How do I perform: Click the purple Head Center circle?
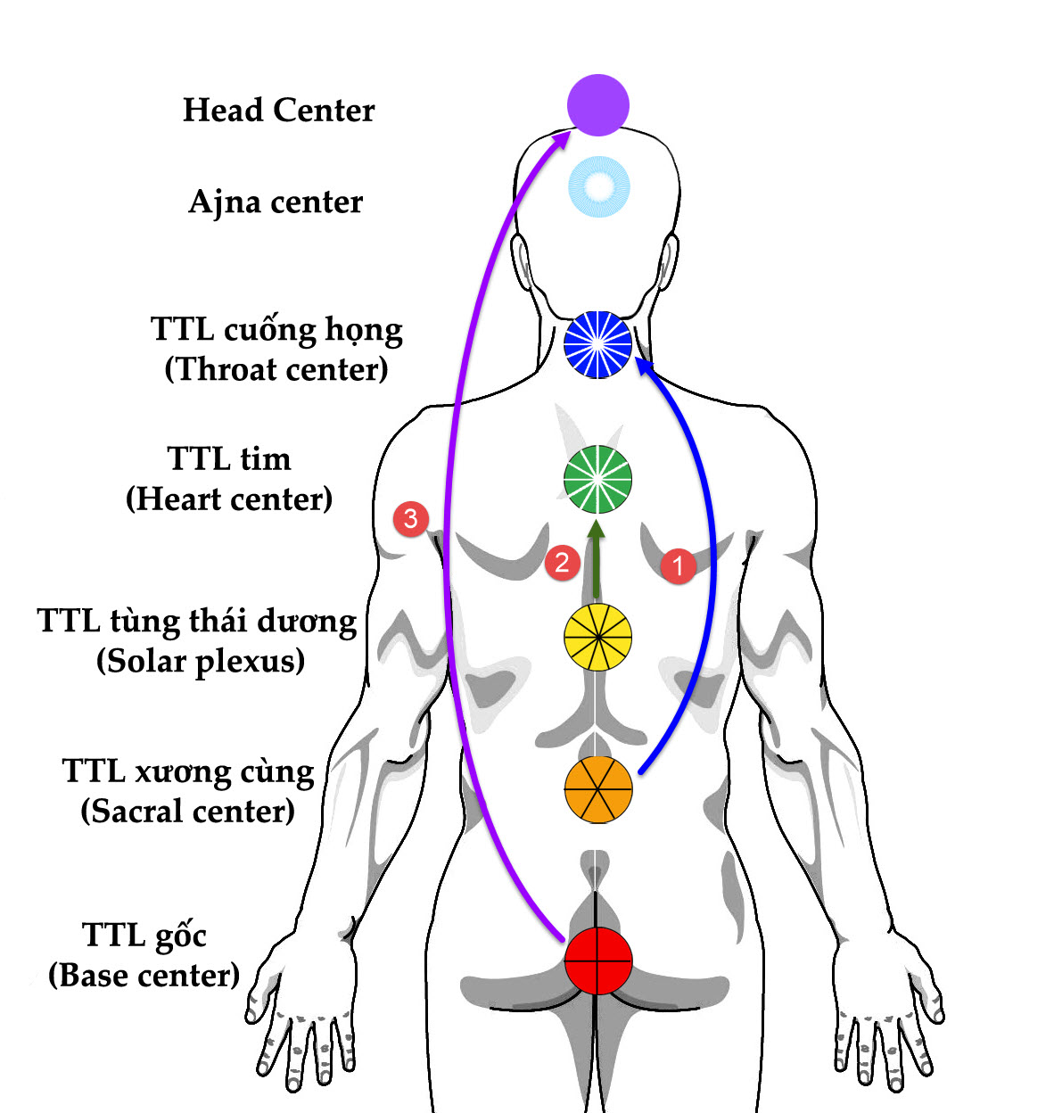pos(598,105)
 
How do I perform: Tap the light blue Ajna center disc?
pos(599,186)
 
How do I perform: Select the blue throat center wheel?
pos(598,344)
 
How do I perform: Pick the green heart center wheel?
pos(598,480)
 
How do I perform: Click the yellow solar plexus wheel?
pos(598,637)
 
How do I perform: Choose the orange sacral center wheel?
pos(598,789)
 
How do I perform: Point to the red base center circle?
pos(598,960)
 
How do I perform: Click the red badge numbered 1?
pos(678,565)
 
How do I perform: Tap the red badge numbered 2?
pos(562,562)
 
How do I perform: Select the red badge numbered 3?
pos(410,518)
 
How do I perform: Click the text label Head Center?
pos(278,111)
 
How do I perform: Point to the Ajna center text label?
pos(276,202)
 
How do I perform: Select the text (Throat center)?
pos(276,369)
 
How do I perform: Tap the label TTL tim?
pos(229,459)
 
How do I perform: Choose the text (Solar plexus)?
pos(201,661)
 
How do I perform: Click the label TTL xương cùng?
pos(188,771)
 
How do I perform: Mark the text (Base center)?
pos(144,975)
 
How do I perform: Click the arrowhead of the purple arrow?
pos(564,139)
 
